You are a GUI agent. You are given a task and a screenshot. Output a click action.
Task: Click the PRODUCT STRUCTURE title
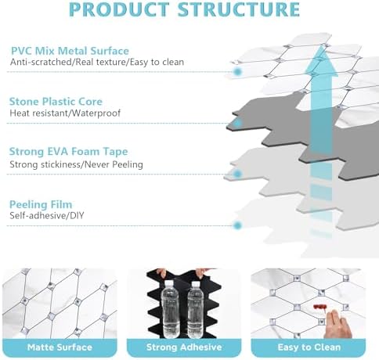coord(184,9)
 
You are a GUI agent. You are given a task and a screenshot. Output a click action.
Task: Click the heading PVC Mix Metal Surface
coord(70,51)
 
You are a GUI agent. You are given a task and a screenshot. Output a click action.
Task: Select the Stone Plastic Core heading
coord(56,102)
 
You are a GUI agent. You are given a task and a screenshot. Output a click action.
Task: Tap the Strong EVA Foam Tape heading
coord(68,152)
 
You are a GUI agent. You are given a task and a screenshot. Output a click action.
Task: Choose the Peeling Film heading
coord(41,204)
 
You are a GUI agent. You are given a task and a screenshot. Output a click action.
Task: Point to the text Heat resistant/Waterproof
coord(65,113)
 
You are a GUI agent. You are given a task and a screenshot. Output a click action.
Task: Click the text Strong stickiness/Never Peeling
coord(76,164)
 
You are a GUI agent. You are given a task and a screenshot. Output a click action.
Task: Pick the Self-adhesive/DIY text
coord(47,216)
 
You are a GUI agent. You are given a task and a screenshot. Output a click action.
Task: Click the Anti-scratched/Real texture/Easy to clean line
coord(97,62)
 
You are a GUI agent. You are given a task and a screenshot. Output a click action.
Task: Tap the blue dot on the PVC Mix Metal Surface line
coord(237,72)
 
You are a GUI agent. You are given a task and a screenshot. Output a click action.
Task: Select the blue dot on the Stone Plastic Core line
coord(237,123)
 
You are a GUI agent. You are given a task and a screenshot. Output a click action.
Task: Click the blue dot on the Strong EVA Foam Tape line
coord(237,174)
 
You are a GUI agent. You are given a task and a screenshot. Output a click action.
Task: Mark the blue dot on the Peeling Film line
coord(237,225)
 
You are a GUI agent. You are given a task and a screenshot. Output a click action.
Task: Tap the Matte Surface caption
coord(60,347)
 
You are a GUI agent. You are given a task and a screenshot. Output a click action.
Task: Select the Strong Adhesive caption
coord(184,347)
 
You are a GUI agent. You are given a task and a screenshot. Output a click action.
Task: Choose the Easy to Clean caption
coord(309,347)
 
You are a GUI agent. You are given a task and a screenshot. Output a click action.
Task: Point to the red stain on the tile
coord(319,307)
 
